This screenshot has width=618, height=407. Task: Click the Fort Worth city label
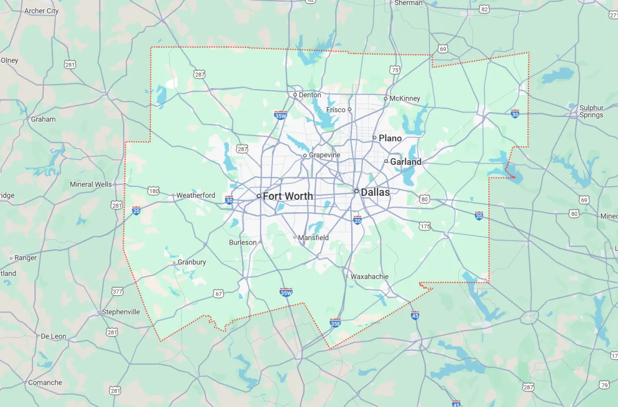(x=287, y=196)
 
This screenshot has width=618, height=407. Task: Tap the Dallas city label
(x=375, y=192)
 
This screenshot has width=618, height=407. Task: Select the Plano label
(x=390, y=138)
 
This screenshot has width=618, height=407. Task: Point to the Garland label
(x=405, y=162)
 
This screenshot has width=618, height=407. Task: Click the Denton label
(x=310, y=95)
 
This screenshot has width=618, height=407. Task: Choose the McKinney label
(x=405, y=98)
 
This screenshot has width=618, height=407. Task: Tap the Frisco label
(x=336, y=110)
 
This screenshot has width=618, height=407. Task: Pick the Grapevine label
(x=324, y=155)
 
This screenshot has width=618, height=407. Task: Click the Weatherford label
(x=196, y=195)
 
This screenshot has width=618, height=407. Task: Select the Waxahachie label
(x=370, y=277)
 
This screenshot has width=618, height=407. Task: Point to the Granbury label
(x=192, y=262)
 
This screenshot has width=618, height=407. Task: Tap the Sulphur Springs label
(x=591, y=111)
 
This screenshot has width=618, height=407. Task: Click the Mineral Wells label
(x=91, y=184)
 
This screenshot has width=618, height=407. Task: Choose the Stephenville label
(x=121, y=312)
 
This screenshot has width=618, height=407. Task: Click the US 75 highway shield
(x=395, y=70)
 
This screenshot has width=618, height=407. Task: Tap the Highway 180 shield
(x=153, y=191)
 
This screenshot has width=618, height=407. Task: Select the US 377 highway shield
(x=117, y=292)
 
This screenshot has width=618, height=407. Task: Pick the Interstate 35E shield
(x=335, y=323)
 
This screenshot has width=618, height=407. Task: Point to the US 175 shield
(x=425, y=226)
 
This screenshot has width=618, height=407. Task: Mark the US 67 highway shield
(x=218, y=294)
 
